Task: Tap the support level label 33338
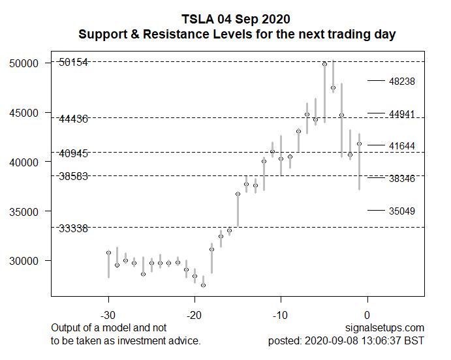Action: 72,228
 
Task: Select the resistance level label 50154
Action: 72,62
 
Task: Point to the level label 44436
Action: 72,119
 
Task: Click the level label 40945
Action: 72,154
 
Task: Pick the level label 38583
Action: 72,176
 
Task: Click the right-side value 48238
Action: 401,82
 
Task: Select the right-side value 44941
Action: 401,114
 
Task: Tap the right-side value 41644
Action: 401,146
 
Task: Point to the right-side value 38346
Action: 401,178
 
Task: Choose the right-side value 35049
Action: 401,211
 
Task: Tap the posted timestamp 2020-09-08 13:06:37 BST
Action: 346,341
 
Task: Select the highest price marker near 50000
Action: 324,64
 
